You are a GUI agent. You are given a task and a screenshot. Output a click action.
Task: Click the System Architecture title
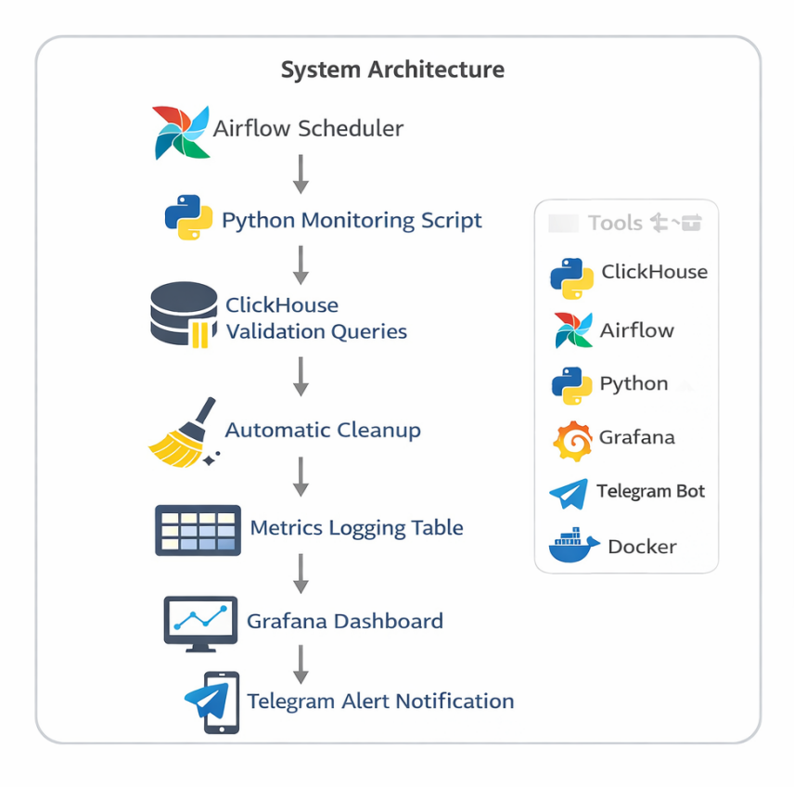pyautogui.click(x=392, y=70)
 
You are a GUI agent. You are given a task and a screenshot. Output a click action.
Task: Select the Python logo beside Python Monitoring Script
pyautogui.click(x=188, y=217)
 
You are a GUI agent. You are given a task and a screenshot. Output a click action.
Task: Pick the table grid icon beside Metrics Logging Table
pyautogui.click(x=198, y=530)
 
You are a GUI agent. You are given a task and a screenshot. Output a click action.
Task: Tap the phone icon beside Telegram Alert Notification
pyautogui.click(x=211, y=703)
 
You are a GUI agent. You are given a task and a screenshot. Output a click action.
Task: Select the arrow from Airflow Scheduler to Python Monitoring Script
pyautogui.click(x=301, y=174)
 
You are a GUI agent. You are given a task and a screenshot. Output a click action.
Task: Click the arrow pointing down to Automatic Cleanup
pyautogui.click(x=301, y=377)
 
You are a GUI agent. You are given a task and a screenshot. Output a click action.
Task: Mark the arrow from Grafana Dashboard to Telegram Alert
pyautogui.click(x=301, y=663)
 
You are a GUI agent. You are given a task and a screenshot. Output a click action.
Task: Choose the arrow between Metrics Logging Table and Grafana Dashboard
pyautogui.click(x=301, y=574)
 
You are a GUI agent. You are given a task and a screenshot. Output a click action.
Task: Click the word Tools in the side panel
pyautogui.click(x=615, y=223)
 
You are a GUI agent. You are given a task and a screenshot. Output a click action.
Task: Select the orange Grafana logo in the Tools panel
pyautogui.click(x=572, y=440)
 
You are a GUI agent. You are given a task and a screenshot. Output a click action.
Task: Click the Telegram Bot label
pyautogui.click(x=650, y=492)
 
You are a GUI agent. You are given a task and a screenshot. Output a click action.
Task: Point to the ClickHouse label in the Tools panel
pyautogui.click(x=654, y=272)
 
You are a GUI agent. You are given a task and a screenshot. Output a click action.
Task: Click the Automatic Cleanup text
pyautogui.click(x=323, y=431)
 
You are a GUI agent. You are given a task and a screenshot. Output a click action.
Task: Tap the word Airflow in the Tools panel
pyautogui.click(x=637, y=330)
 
